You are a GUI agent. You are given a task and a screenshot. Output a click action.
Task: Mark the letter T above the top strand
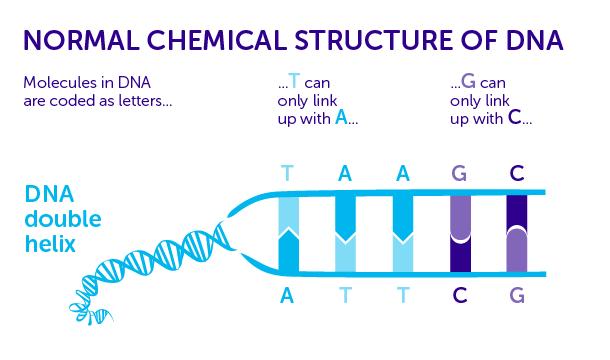point(288,172)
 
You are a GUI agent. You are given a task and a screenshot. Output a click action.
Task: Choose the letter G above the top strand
point(459,172)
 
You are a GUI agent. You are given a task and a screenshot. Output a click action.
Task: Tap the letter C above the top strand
point(516,172)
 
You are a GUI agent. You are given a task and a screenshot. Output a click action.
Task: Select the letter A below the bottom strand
point(288,295)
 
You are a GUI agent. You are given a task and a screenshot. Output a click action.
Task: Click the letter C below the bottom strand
point(459,295)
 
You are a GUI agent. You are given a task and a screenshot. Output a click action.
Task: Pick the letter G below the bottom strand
point(516,295)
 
